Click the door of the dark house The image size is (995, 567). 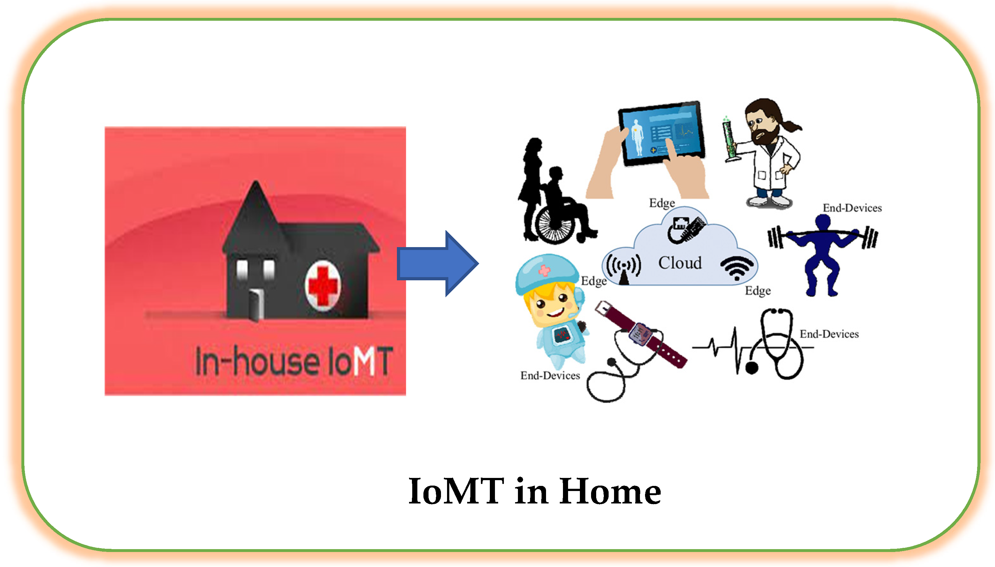coord(256,305)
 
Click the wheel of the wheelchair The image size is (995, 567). coord(555,224)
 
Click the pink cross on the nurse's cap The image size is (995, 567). coord(544,270)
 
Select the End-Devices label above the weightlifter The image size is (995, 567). coord(852,208)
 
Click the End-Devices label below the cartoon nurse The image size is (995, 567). coord(550,375)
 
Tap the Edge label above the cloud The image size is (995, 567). coord(662,203)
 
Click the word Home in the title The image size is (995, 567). coord(610,491)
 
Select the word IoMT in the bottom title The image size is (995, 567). coord(456,491)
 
